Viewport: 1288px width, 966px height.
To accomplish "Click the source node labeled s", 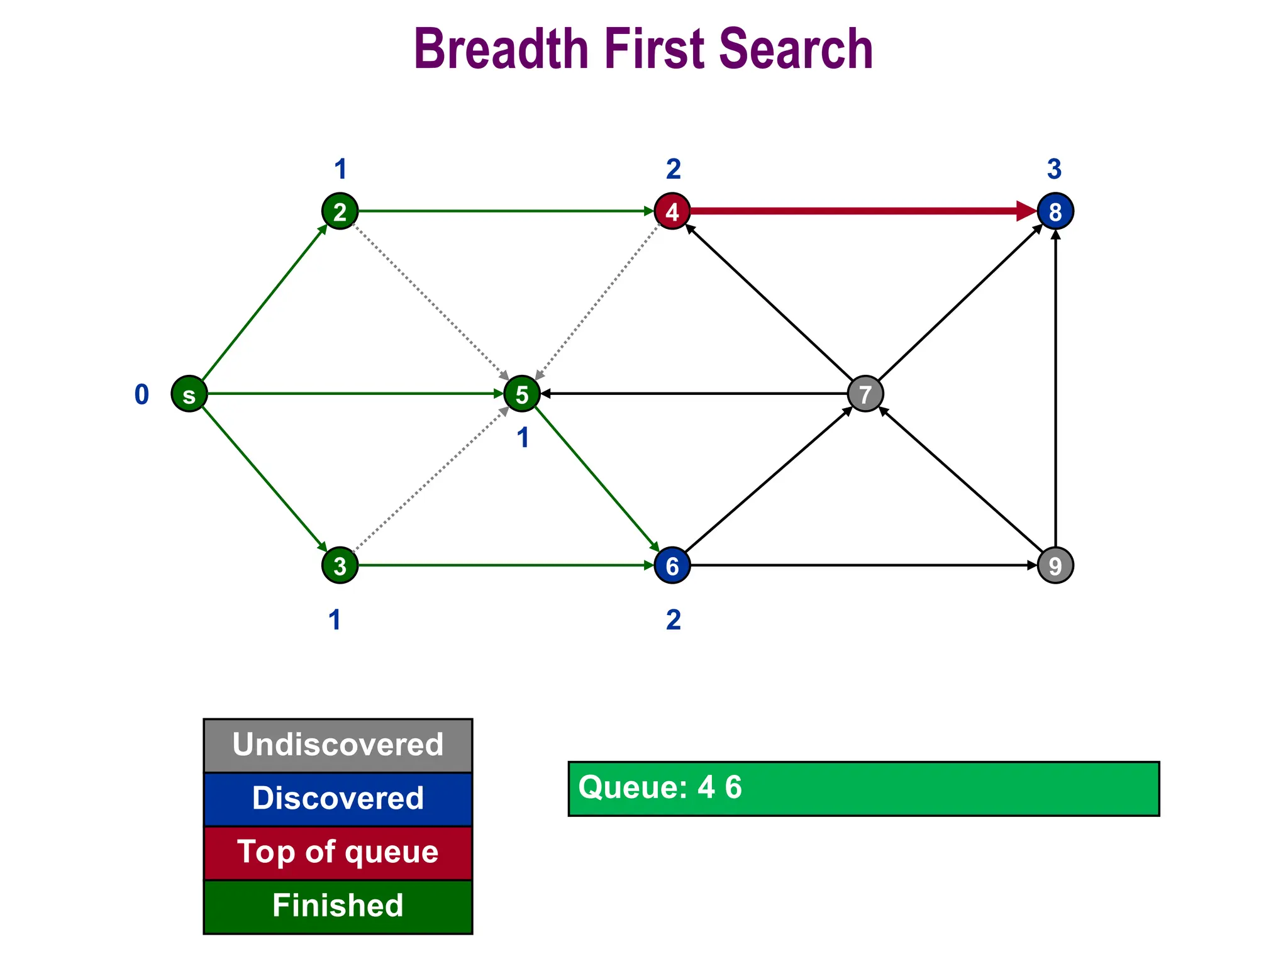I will [189, 394].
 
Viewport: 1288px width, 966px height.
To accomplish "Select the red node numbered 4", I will [672, 211].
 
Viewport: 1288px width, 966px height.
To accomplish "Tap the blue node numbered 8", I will [1055, 211].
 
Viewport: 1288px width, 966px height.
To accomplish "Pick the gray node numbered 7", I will [865, 394].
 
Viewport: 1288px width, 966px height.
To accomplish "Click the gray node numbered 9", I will [1055, 565].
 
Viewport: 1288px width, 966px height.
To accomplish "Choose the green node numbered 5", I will [521, 394].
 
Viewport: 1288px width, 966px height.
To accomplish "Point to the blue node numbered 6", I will [672, 565].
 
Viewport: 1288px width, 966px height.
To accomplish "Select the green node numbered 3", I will [340, 565].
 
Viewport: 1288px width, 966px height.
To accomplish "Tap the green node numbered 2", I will [340, 211].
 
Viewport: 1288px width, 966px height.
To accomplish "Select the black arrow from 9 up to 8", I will [1055, 390].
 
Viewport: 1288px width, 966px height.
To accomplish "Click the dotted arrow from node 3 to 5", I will [431, 479].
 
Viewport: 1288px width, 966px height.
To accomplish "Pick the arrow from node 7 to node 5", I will [692, 394].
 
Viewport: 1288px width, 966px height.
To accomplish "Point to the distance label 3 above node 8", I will [1054, 169].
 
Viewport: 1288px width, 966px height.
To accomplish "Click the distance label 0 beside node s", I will [142, 394].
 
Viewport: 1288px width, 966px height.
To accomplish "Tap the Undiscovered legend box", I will [338, 745].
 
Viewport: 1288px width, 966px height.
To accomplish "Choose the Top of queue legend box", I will [338, 853].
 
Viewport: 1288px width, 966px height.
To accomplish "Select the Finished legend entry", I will [338, 906].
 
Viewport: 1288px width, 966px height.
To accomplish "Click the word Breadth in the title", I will [501, 49].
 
